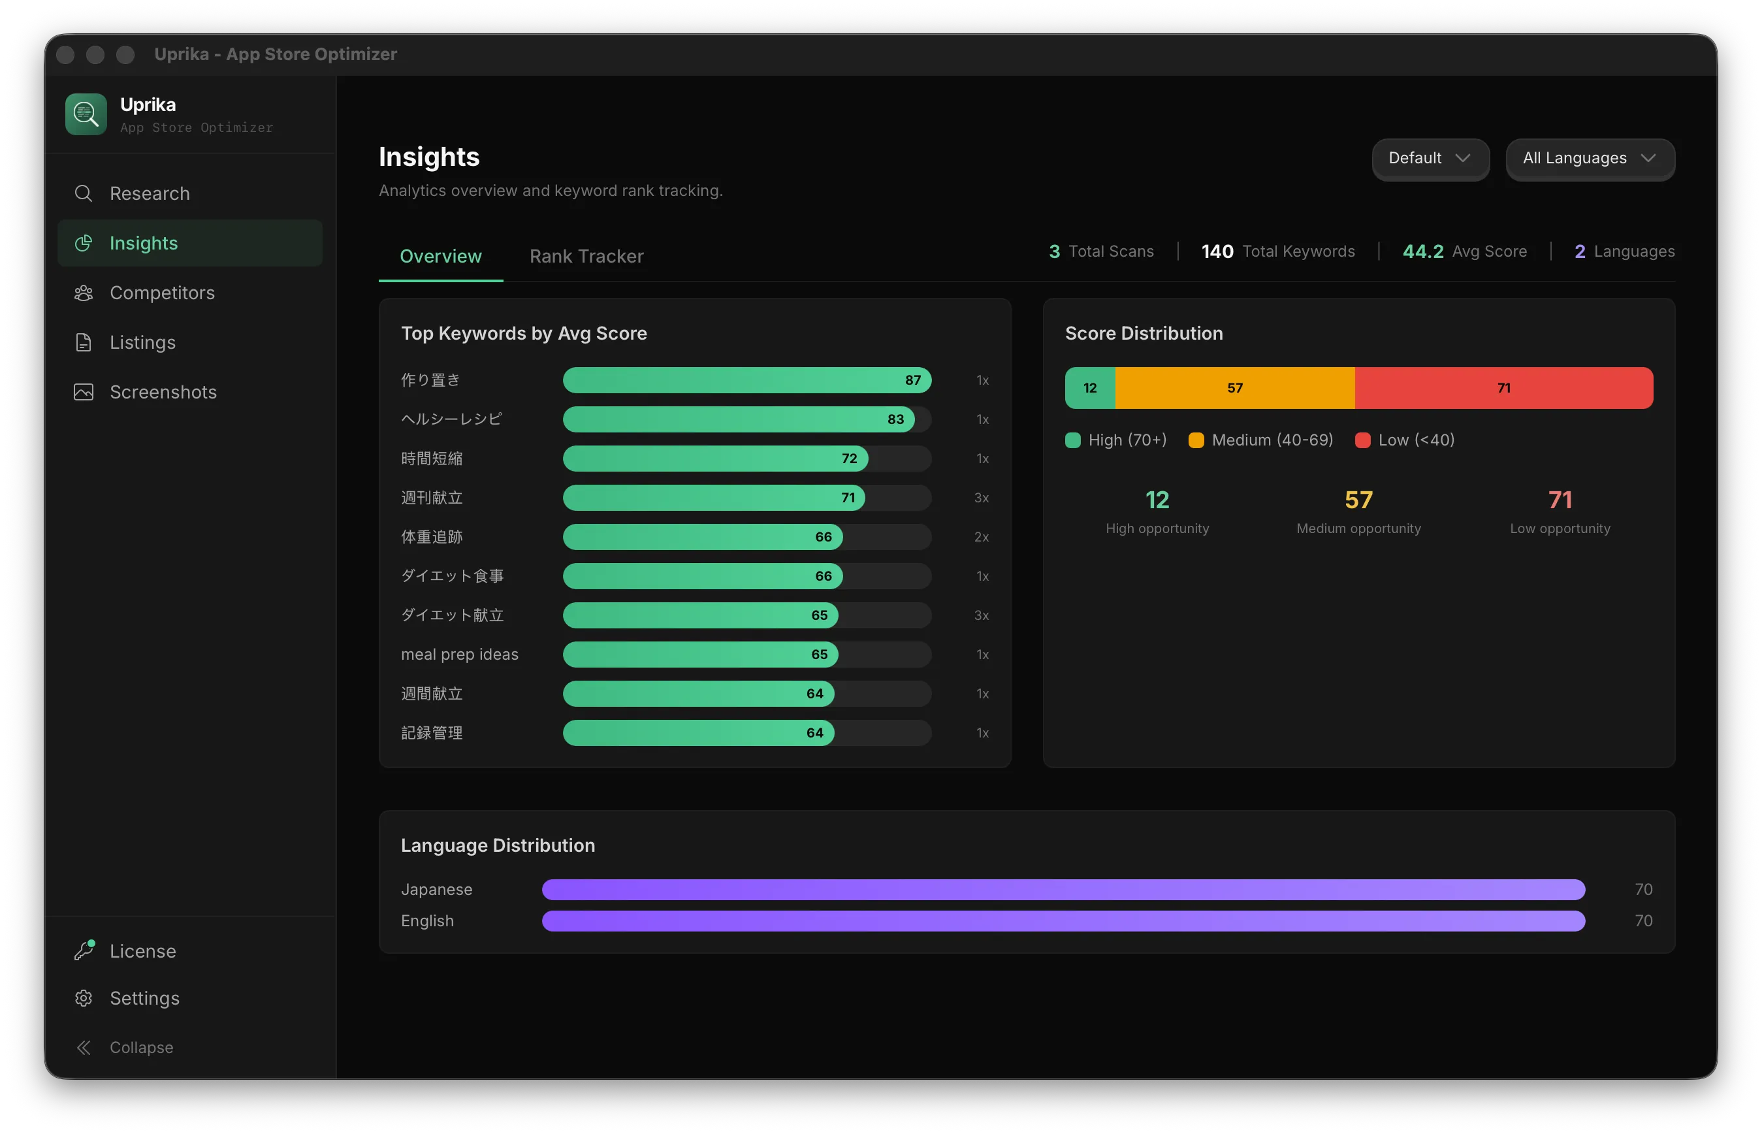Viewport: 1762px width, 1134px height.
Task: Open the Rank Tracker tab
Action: [x=586, y=255]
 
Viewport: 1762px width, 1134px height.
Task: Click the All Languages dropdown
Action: [x=1590, y=158]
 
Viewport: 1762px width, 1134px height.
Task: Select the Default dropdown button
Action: [x=1430, y=158]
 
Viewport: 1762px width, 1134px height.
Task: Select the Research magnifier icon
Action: [x=83, y=193]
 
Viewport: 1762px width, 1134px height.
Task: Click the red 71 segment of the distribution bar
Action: [x=1503, y=387]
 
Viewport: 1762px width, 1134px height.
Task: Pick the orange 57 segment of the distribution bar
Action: [x=1234, y=387]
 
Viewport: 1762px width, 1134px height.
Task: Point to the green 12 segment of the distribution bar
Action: [x=1090, y=387]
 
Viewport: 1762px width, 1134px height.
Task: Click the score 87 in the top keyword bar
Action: [x=912, y=380]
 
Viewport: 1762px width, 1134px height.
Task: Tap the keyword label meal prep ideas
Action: [x=459, y=654]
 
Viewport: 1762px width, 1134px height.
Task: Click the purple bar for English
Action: [x=1063, y=920]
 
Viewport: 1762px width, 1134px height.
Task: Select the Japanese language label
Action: [x=436, y=889]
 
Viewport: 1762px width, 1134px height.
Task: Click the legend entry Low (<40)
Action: [x=1404, y=440]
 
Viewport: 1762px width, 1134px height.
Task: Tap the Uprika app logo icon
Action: [x=86, y=114]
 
